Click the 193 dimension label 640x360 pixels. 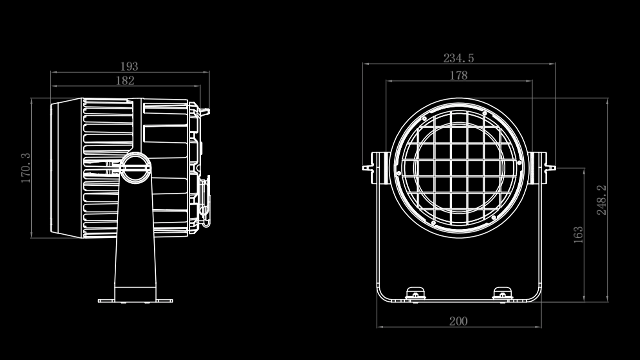tap(129, 66)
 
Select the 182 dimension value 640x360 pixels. tap(125, 81)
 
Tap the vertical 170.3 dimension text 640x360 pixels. tap(26, 168)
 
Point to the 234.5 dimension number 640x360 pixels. tap(458, 58)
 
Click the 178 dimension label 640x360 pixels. tap(458, 75)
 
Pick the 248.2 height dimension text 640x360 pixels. tap(601, 200)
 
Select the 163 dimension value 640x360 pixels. tap(578, 235)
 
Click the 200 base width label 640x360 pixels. tap(458, 321)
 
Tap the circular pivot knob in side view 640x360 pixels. tap(135, 168)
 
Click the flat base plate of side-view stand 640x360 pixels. tap(135, 301)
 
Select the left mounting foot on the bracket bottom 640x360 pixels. tap(415, 294)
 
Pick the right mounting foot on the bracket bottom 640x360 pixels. tap(502, 294)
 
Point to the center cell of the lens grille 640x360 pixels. tap(459, 168)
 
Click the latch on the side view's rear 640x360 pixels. tap(205, 200)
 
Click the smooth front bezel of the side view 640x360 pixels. tap(66, 168)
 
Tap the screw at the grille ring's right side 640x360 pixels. tap(519, 163)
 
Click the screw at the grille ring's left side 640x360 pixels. tap(399, 173)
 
